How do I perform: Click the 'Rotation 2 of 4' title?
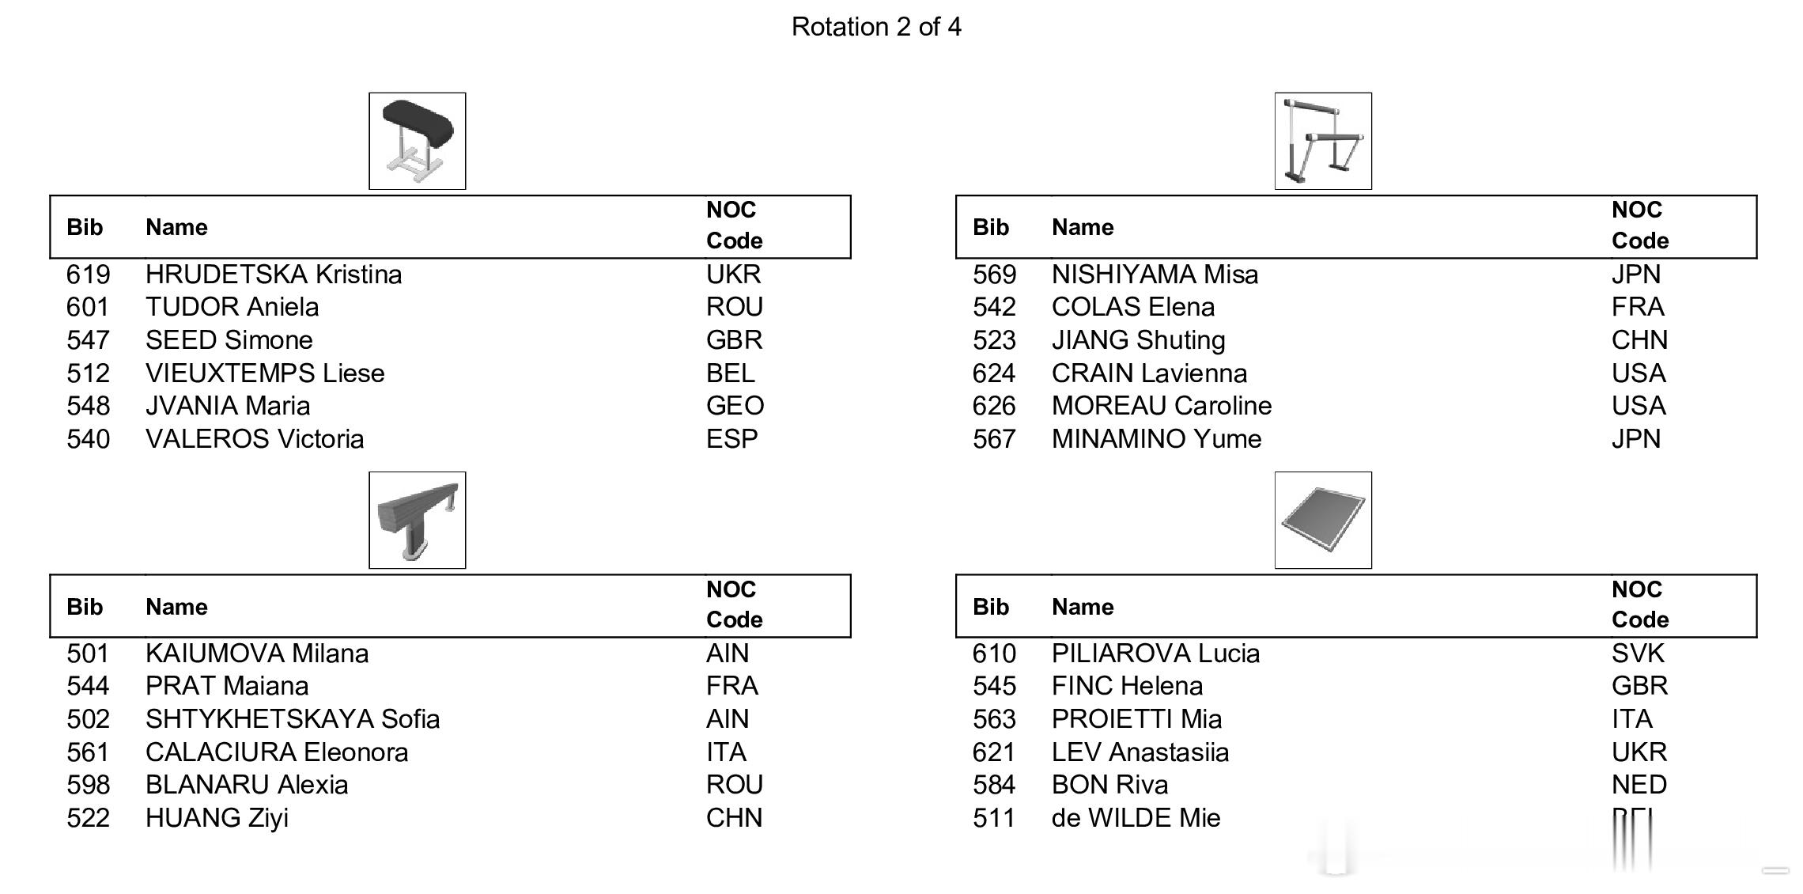[x=876, y=27]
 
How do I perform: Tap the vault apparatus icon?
[x=418, y=141]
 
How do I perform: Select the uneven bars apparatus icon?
[x=1323, y=141]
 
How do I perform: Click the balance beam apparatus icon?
[x=418, y=520]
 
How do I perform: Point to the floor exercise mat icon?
[x=1323, y=520]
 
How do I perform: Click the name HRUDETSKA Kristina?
[x=274, y=275]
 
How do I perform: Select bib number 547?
[x=88, y=340]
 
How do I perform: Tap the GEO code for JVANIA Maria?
[x=735, y=406]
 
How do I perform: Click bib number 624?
[x=994, y=373]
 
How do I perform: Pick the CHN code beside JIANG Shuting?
[x=1639, y=340]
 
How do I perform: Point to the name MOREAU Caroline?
[x=1162, y=406]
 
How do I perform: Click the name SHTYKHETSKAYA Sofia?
[x=293, y=719]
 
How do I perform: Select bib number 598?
[x=88, y=785]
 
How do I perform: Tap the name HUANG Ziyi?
[x=217, y=818]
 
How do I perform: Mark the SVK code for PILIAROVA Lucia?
[x=1638, y=653]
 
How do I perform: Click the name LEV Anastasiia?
[x=1140, y=752]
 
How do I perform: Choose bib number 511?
[x=994, y=818]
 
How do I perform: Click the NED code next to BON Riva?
[x=1639, y=785]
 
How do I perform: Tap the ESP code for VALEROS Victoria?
[x=731, y=439]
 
